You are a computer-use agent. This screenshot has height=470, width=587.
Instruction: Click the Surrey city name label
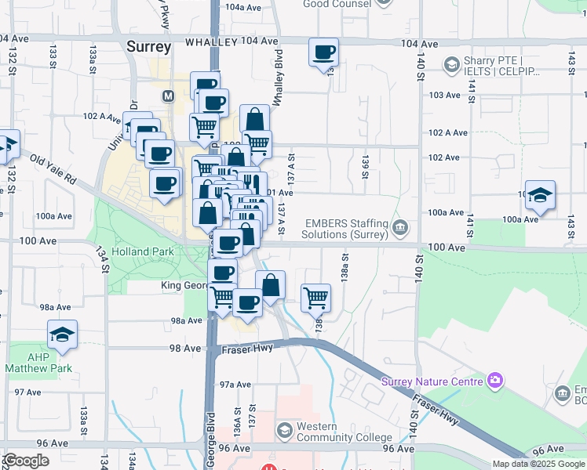click(x=148, y=47)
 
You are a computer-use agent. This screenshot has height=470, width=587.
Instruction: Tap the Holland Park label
click(x=140, y=252)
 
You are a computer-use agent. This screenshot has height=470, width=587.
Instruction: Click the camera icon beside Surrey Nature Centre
click(x=494, y=381)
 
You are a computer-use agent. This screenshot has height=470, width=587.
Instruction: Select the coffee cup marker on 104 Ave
click(x=324, y=53)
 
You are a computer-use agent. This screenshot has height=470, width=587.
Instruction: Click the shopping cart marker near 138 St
click(x=315, y=297)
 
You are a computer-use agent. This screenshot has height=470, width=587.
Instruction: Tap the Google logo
click(x=27, y=461)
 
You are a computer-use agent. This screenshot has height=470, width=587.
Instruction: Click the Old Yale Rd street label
click(x=53, y=168)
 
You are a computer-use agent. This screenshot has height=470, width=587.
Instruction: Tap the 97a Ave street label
click(x=235, y=385)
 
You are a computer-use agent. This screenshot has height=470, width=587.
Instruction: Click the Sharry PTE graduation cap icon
click(x=451, y=65)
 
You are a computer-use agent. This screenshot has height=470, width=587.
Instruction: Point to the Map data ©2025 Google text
click(x=539, y=464)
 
